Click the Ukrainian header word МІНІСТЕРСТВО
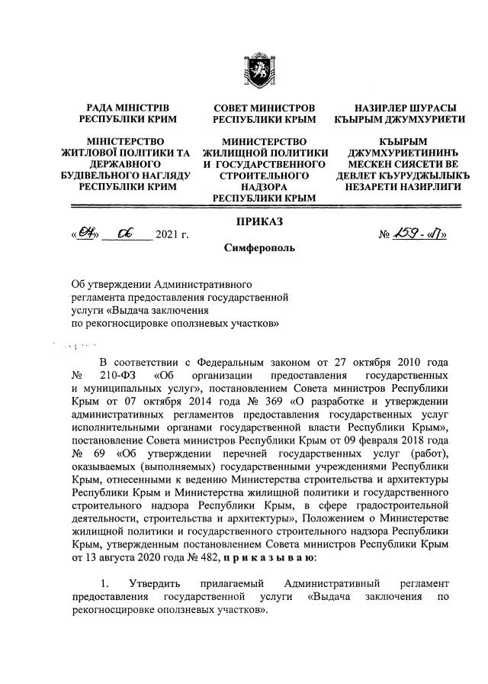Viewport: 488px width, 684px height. [x=125, y=142]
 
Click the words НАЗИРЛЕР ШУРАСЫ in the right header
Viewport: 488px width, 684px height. [x=403, y=108]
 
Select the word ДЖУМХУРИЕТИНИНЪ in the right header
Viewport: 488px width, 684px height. [x=404, y=153]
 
